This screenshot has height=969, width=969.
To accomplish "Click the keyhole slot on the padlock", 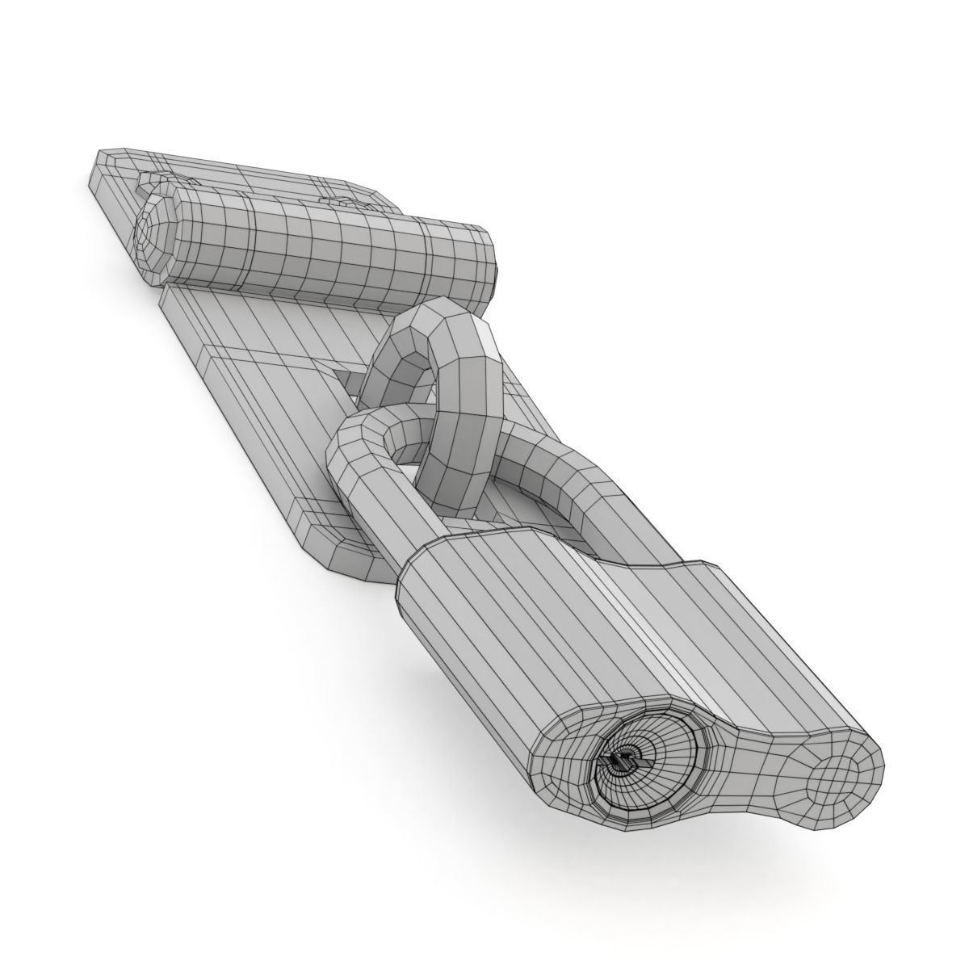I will (620, 761).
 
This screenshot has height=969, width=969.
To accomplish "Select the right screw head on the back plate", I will (339, 202).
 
